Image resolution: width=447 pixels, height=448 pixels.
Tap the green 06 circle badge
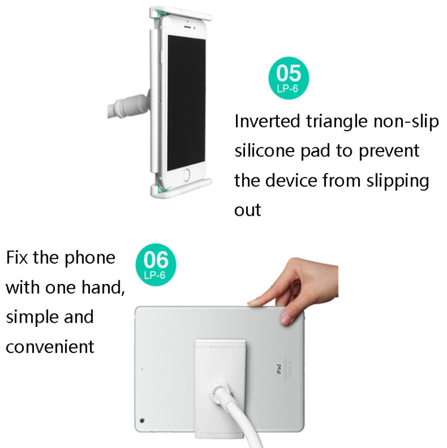156,263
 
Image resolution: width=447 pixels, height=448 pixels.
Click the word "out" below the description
247,209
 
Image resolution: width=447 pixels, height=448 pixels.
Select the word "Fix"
19,258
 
